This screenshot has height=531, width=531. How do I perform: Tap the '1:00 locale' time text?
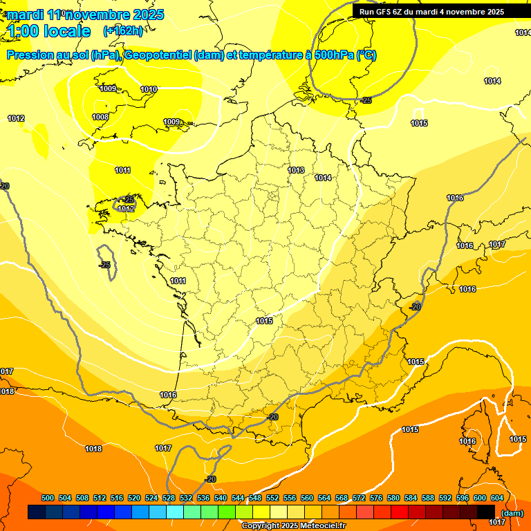point(48,31)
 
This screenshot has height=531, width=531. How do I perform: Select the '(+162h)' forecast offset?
point(123,31)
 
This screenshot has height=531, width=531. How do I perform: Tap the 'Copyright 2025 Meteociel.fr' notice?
point(293,526)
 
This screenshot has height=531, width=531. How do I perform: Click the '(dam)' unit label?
point(512,512)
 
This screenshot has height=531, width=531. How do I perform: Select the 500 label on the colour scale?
point(48,498)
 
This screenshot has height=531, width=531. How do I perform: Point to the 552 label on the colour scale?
point(272,498)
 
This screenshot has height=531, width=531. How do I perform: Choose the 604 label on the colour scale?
point(497,498)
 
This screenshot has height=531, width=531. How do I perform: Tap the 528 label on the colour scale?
point(169,498)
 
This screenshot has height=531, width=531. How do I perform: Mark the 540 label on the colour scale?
point(221,498)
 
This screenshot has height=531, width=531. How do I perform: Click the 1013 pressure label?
point(296,170)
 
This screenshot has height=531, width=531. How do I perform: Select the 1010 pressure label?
point(149,89)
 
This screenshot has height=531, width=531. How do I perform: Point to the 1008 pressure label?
point(100,117)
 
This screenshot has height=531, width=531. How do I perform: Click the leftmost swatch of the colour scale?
point(37,512)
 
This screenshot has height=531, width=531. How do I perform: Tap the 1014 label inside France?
point(323,178)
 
